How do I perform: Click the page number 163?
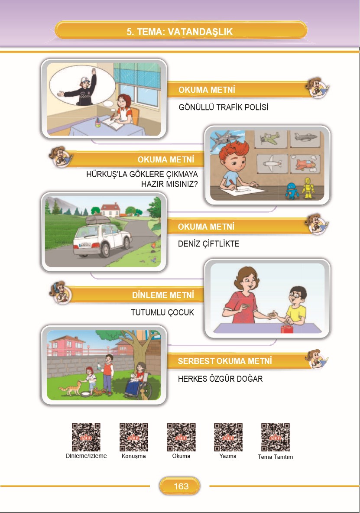tap(181, 486)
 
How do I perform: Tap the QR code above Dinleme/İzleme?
tap(86, 437)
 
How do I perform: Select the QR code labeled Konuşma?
tap(134, 437)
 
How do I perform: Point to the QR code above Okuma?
tap(181, 437)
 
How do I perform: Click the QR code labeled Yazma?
tap(228, 437)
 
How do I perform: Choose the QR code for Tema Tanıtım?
tap(276, 437)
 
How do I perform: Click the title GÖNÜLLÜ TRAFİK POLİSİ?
tap(224, 107)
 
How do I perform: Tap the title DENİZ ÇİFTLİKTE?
tap(209, 244)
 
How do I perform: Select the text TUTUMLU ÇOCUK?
tap(162, 312)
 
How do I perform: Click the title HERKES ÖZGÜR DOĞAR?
tap(221, 379)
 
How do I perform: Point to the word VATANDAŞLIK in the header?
tap(200, 32)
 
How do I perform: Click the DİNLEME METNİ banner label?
tap(163, 295)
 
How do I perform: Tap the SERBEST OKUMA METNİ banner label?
tap(225, 361)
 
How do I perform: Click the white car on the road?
tap(102, 236)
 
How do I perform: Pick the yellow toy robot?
tap(308, 188)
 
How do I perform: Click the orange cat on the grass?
tap(70, 388)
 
